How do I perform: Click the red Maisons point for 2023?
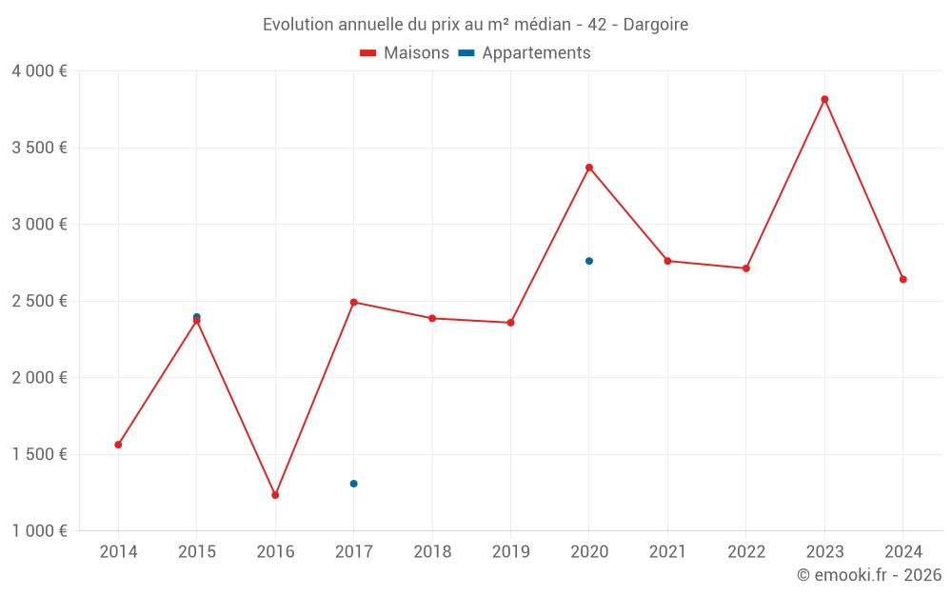click(x=824, y=99)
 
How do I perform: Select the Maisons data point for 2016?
click(x=275, y=495)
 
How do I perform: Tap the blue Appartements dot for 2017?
click(x=353, y=484)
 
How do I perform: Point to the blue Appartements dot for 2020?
click(x=589, y=261)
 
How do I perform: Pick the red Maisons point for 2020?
click(x=589, y=168)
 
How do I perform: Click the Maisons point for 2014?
click(x=118, y=445)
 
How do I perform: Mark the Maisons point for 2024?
click(x=902, y=280)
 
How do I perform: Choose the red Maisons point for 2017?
click(x=353, y=302)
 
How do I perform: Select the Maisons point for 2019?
click(x=510, y=323)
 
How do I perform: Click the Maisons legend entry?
click(x=405, y=53)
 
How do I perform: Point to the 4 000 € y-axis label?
click(x=39, y=71)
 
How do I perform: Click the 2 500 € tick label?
click(x=39, y=301)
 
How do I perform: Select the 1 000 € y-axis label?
click(x=39, y=531)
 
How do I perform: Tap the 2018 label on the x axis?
click(x=432, y=552)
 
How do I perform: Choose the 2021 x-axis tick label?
click(x=667, y=552)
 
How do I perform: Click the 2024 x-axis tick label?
click(x=902, y=552)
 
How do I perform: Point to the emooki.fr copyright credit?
click(x=869, y=575)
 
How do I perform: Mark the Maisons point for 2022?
click(x=746, y=268)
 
